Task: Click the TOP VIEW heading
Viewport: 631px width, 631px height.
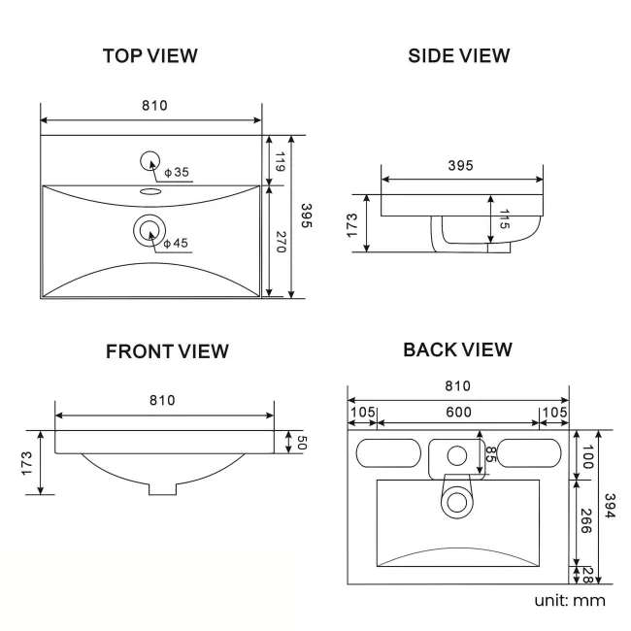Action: pos(150,56)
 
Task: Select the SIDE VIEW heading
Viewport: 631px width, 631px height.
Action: pos(459,56)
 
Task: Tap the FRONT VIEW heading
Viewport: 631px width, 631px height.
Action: pos(167,351)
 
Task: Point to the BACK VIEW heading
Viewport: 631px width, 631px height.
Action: pos(457,349)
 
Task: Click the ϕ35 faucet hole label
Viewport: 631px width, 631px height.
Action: pos(177,173)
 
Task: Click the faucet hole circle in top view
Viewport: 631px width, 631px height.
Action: pos(150,162)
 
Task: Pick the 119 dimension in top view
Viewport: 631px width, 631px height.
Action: pos(279,161)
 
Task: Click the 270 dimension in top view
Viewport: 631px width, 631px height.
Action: pos(279,242)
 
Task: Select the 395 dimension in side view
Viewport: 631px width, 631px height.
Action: pos(460,166)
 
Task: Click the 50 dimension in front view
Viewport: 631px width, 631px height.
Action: pos(301,443)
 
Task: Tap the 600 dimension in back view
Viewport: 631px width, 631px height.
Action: pos(458,412)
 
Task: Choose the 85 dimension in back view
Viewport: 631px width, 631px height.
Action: pos(491,455)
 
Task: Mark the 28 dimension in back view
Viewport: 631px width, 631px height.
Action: pos(588,576)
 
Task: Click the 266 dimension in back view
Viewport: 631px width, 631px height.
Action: pos(588,523)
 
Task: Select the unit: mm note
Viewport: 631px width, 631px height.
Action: pos(570,601)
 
